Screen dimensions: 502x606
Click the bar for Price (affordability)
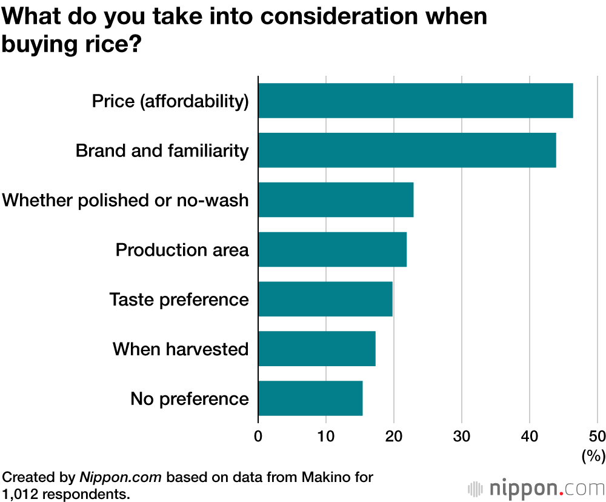[x=415, y=101]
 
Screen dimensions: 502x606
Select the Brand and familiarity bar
[x=407, y=150]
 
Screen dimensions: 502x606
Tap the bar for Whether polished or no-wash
[x=336, y=200]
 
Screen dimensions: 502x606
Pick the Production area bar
[x=332, y=250]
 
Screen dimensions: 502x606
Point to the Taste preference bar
[x=325, y=300]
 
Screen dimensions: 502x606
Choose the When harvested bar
[x=317, y=349]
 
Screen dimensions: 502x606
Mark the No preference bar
[x=310, y=399]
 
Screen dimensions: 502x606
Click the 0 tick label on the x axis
[x=258, y=436]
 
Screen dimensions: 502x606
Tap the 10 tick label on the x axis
[x=326, y=436]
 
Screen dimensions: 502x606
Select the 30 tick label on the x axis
[x=462, y=436]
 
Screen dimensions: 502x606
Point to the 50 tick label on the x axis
[x=597, y=436]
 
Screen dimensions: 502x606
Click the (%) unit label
[x=593, y=455]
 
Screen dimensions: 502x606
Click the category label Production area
[x=182, y=250]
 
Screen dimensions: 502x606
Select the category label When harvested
[x=181, y=349]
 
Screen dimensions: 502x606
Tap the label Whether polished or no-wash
[x=125, y=200]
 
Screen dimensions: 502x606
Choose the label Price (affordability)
[x=170, y=101]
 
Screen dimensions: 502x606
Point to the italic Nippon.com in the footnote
[x=121, y=477]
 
